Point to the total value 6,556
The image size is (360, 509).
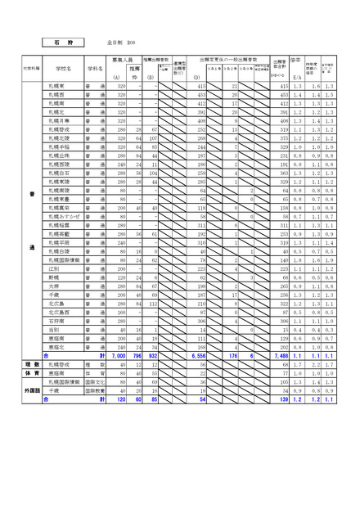coord(196,355)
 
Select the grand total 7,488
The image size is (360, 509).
coord(280,355)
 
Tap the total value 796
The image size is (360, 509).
coord(137,355)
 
